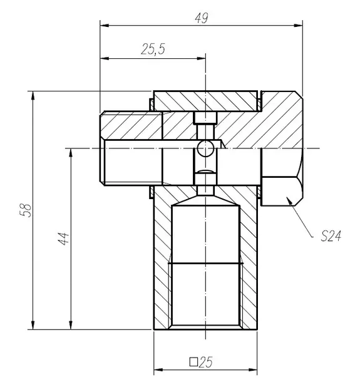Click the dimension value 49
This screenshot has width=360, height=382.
tap(202, 18)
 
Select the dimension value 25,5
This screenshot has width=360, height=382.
tap(153, 49)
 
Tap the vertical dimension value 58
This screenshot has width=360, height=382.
tap(26, 210)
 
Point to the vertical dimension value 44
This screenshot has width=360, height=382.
tap(64, 238)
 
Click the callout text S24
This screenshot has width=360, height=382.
tap(331, 236)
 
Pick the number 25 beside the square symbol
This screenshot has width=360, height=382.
tap(206, 362)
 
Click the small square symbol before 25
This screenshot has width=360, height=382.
tap(193, 361)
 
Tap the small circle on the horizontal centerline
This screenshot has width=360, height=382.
tap(205, 148)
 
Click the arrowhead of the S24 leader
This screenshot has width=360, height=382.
tap(289, 201)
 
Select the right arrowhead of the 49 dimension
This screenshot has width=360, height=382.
tap(298, 25)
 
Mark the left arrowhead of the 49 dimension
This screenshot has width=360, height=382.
tap(105, 25)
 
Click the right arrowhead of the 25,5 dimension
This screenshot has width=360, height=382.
tap(201, 58)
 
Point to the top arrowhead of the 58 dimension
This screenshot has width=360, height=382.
tap(33, 96)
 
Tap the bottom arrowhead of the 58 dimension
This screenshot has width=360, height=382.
tap(33, 325)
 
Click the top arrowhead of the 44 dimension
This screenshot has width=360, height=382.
tap(71, 153)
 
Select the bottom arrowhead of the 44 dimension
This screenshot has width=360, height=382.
tap(71, 325)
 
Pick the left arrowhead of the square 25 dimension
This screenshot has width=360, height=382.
tap(158, 370)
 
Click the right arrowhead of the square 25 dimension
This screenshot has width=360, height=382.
tap(252, 370)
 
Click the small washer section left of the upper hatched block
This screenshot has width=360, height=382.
tap(152, 105)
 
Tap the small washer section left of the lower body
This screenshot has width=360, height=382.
tap(152, 192)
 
